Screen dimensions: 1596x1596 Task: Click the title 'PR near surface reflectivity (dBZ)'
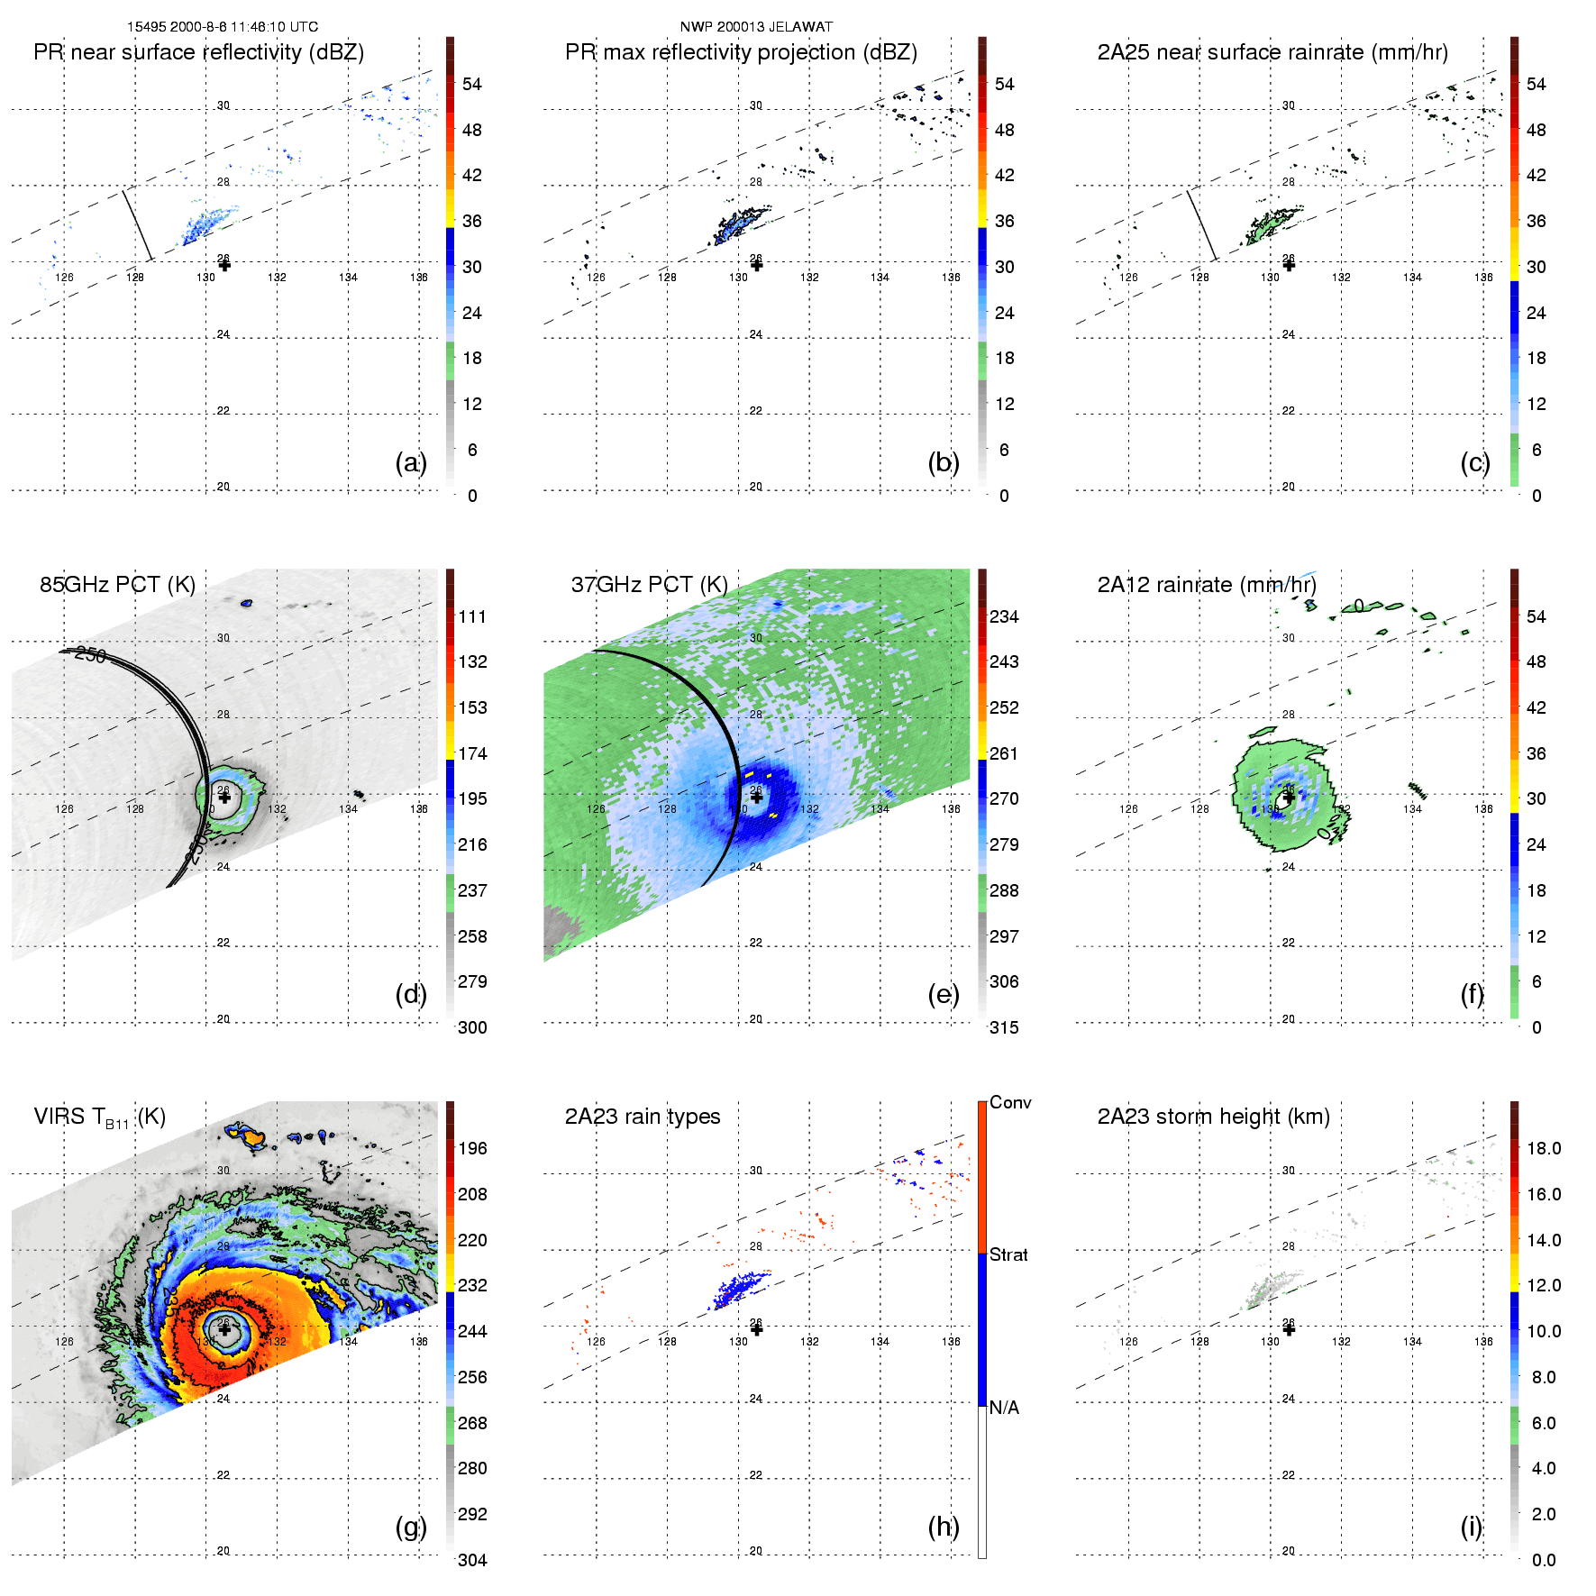point(198,52)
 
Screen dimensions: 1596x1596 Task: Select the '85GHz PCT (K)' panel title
point(117,585)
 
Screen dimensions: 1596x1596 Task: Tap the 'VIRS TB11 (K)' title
point(99,1117)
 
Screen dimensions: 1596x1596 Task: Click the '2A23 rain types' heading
point(643,1117)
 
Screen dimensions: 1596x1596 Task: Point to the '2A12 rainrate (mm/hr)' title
point(1207,585)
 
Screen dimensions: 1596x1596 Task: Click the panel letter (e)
point(943,994)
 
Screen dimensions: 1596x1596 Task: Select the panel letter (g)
point(410,1527)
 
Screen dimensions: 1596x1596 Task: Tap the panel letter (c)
point(1474,462)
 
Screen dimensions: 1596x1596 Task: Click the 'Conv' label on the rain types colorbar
point(1010,1102)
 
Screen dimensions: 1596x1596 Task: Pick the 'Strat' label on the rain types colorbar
point(1008,1254)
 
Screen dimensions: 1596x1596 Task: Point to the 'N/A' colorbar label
point(1004,1408)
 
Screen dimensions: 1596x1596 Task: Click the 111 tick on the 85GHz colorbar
point(472,616)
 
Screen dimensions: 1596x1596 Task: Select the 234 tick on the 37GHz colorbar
point(1004,616)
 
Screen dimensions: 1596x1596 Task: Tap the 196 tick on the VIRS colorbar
point(472,1148)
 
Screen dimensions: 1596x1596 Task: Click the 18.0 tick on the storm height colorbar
point(1544,1148)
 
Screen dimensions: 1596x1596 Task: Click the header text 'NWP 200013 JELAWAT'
point(756,27)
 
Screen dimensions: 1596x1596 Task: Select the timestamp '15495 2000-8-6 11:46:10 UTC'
point(223,27)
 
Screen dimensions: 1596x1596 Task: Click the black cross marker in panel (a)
point(224,265)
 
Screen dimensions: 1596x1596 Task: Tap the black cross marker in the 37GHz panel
point(757,798)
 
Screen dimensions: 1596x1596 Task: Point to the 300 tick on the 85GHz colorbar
point(472,1027)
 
